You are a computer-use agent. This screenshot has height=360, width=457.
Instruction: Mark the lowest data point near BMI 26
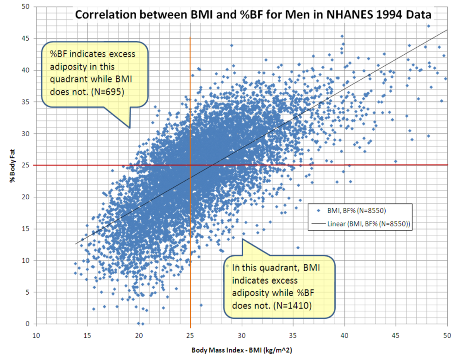[201, 305]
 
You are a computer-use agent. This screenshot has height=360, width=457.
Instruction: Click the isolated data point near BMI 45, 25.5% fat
[396, 161]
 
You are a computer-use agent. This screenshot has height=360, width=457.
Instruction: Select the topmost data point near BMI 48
[428, 26]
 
